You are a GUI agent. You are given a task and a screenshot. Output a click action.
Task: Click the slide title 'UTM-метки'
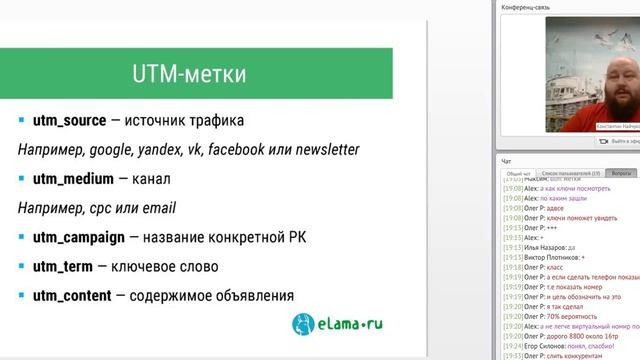click(189, 75)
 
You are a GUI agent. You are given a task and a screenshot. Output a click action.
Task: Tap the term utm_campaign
click(79, 238)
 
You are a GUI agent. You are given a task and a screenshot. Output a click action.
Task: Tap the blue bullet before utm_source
click(21, 121)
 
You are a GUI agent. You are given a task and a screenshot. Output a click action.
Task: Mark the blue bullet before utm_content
click(21, 295)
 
